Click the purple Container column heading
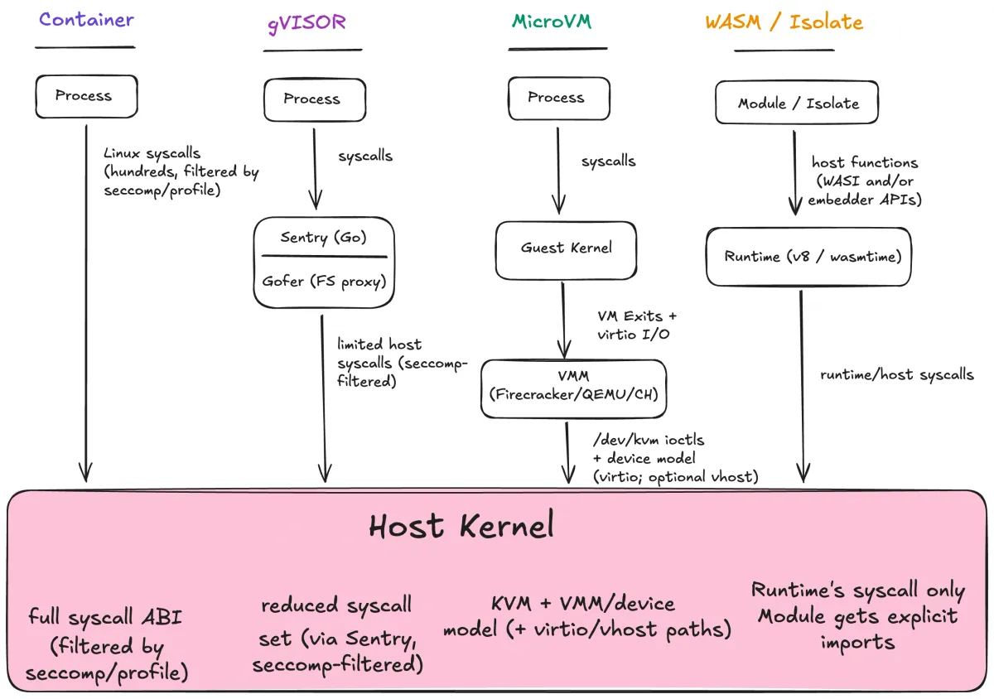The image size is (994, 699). click(x=86, y=20)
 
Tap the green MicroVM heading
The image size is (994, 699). click(x=551, y=22)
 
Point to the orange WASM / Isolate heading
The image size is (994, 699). click(x=784, y=22)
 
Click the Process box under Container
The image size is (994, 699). click(x=85, y=96)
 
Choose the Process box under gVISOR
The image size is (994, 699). click(x=313, y=99)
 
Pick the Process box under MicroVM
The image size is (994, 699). click(x=556, y=98)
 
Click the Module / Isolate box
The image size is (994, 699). click(x=796, y=104)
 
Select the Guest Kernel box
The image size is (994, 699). click(x=567, y=248)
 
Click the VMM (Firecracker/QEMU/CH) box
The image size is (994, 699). click(x=573, y=388)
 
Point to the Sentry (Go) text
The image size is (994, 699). click(x=322, y=238)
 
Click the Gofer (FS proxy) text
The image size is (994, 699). click(x=322, y=281)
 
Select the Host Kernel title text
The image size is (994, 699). click(x=461, y=527)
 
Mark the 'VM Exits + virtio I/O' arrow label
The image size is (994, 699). click(x=637, y=325)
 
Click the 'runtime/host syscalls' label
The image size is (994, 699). click(x=896, y=374)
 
